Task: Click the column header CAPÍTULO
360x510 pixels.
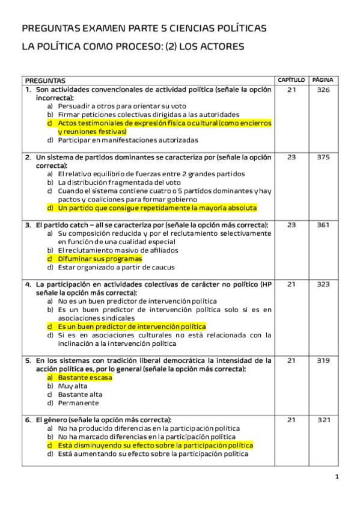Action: [x=291, y=80]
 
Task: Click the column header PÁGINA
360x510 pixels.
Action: [x=323, y=80]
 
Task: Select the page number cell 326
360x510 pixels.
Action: [x=323, y=90]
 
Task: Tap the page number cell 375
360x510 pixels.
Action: [x=323, y=157]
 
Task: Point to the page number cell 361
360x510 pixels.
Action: [x=323, y=225]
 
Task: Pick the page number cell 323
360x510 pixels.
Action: [x=323, y=284]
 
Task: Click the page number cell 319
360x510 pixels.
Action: [x=323, y=361]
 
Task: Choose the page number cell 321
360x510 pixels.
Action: [x=323, y=420]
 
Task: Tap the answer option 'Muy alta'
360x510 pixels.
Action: [x=73, y=386]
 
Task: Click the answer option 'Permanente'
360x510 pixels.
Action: [x=78, y=403]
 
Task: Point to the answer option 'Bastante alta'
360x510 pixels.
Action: [x=80, y=395]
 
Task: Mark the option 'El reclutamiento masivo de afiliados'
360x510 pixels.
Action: [x=118, y=250]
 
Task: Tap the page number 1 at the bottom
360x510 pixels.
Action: [x=337, y=477]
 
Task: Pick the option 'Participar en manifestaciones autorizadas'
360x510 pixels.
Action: [x=127, y=140]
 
